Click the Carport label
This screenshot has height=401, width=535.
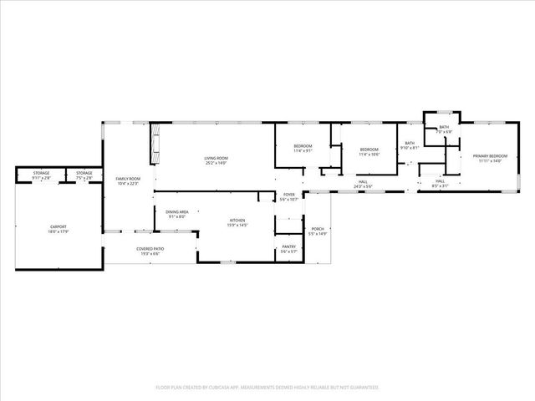(x=59, y=228)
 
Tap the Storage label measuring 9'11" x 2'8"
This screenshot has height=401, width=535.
(x=41, y=175)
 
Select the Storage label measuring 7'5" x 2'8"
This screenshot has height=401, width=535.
(x=84, y=175)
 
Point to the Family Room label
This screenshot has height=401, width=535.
(x=128, y=181)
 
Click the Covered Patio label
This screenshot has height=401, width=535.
(x=150, y=250)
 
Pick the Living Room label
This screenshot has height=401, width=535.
(x=217, y=160)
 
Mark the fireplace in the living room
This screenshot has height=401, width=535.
(x=155, y=145)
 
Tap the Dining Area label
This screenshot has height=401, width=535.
(x=176, y=215)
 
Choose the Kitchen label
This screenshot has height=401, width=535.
(x=238, y=223)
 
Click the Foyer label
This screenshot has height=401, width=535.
(x=288, y=196)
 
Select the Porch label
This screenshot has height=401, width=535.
(x=318, y=231)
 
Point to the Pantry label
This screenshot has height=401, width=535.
(x=288, y=249)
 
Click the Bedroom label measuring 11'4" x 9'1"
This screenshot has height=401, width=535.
(x=302, y=149)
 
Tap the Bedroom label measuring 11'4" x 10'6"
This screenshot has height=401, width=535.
(x=369, y=152)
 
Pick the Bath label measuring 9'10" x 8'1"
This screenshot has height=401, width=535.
(x=410, y=145)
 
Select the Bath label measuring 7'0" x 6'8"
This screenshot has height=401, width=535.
(x=444, y=129)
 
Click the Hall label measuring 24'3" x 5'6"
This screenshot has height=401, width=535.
(x=363, y=184)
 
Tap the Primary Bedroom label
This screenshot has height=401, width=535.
(x=490, y=159)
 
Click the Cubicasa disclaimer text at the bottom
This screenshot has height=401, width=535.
(x=267, y=388)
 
